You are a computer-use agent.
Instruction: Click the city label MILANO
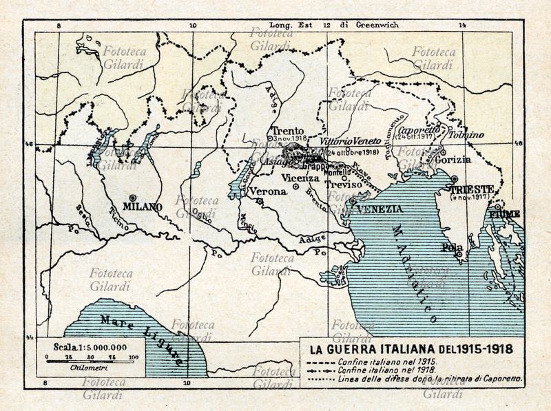(143, 207)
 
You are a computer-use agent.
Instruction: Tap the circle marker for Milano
(133, 198)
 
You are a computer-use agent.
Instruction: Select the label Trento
(287, 131)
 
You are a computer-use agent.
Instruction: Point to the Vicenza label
(304, 178)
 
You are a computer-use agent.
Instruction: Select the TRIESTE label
(470, 189)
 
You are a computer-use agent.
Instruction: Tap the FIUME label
(505, 214)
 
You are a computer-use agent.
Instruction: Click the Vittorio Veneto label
(351, 141)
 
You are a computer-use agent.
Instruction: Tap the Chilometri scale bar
(90, 358)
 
